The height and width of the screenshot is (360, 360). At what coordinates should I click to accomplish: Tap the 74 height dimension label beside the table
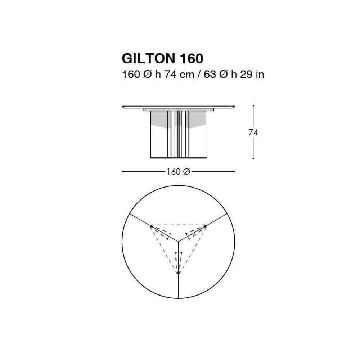pos(253,132)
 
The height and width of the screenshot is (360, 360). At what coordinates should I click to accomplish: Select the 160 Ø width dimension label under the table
pos(178,171)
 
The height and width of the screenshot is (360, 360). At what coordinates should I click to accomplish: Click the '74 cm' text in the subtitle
pos(179,75)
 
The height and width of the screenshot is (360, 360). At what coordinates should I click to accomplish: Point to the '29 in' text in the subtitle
pos(252,75)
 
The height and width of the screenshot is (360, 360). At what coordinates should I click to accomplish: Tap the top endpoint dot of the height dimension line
pos(253,105)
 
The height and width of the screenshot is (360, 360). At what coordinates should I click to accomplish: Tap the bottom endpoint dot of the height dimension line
pos(253,158)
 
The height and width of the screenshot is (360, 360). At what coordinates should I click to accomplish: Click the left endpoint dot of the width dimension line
pos(122,171)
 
